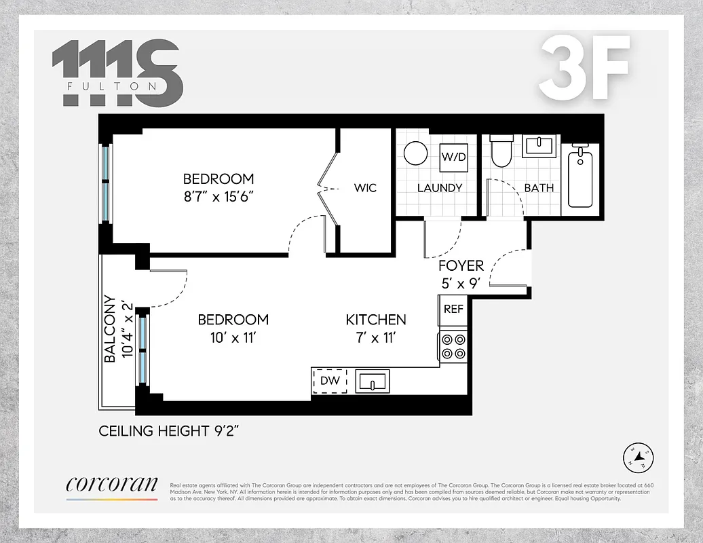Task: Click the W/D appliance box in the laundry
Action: [454, 157]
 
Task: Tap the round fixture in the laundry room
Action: [415, 153]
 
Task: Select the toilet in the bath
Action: [501, 151]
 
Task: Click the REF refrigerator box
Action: [453, 308]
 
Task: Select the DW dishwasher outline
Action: [330, 381]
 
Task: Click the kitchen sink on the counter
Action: [372, 381]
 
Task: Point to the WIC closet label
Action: [365, 188]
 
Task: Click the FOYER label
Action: [461, 266]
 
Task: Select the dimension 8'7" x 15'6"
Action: [218, 197]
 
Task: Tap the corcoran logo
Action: [112, 485]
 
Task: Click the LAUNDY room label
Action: [440, 188]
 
